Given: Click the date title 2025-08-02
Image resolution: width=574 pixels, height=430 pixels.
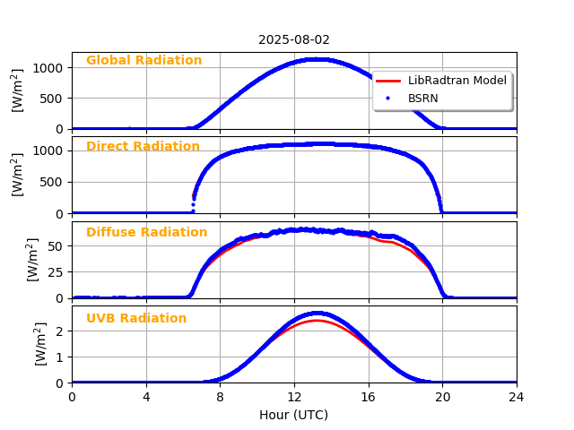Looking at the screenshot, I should pos(294,40).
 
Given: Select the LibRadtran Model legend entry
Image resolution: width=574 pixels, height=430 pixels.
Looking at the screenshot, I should pos(457,81).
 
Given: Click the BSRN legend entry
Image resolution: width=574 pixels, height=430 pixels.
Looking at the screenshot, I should pos(422,98).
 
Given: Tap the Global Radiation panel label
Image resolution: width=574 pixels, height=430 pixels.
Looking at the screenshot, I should pos(143,61).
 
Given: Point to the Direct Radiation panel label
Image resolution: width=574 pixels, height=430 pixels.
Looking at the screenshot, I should pos(143,147).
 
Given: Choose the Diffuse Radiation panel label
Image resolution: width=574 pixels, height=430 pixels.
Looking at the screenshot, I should pos(146,233).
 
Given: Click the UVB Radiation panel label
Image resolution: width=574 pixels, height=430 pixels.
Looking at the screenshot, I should pos(136,319).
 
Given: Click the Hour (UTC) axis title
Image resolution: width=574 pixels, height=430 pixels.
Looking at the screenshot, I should pos(294,415).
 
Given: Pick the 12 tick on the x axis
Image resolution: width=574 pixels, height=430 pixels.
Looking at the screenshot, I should pos(294,396).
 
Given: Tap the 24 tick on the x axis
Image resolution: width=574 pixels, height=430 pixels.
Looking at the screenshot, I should pos(517,396).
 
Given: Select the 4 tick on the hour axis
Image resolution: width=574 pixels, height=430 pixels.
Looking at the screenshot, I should pos(146,396).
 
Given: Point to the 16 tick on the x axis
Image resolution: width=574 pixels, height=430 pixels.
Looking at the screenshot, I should pos(369,396).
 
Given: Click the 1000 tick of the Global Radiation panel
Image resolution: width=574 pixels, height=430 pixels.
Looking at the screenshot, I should pos(51,68).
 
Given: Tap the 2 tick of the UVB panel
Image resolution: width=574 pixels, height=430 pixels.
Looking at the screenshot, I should pos(61,331).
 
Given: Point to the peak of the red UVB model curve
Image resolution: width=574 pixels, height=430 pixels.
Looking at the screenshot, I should pos(316,321).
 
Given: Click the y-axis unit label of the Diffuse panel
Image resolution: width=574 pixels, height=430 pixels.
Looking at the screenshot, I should pos(33,260).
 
